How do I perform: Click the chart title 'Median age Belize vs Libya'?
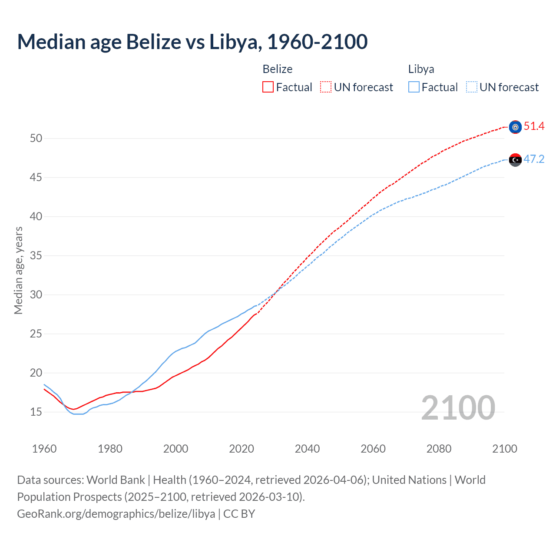192,42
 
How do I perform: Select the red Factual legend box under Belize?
268,87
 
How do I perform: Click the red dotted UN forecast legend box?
326,87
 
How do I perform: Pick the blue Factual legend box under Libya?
414,87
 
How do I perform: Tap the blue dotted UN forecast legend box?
472,87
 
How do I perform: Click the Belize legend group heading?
277,69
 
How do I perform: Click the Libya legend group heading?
421,69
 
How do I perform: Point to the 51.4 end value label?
534,126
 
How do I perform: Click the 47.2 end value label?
534,159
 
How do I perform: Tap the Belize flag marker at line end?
515,127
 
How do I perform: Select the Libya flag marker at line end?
515,160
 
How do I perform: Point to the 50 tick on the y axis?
36,139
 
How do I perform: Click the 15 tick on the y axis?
36,412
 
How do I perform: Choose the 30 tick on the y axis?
36,295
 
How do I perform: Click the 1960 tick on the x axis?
44,449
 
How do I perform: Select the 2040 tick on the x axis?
307,449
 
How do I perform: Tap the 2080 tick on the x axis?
439,449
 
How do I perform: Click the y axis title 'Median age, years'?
18,270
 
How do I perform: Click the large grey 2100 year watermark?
458,408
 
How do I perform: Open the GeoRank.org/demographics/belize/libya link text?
116,514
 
